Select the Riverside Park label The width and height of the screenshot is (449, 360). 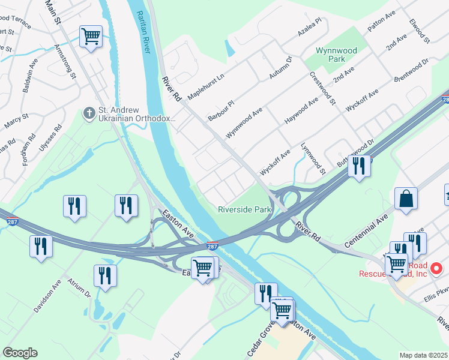click(x=245, y=209)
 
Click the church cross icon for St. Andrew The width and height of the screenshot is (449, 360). click(x=89, y=112)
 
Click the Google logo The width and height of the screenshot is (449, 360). click(x=20, y=353)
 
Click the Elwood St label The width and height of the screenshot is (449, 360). click(x=418, y=31)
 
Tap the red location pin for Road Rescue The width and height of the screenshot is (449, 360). click(x=437, y=268)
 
